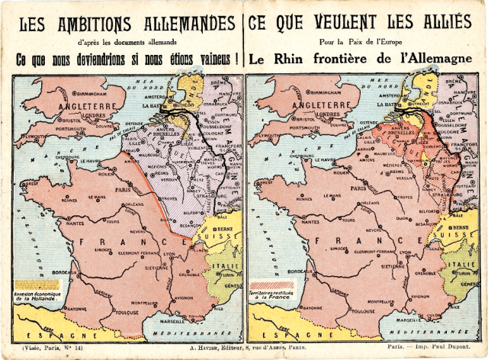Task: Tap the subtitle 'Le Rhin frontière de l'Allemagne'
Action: pos(365,59)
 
